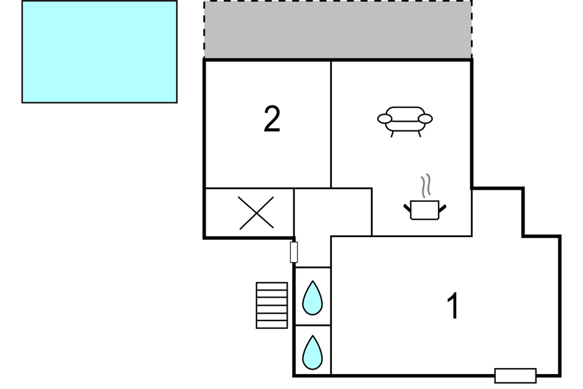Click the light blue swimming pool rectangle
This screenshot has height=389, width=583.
100,51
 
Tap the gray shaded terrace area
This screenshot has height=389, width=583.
338,29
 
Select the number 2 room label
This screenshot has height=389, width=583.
272,119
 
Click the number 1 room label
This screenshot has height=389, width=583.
453,306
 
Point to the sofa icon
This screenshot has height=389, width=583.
405,122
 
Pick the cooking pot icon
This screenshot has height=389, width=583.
425,210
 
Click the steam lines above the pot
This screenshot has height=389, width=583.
426,186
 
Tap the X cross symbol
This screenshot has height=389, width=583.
256,213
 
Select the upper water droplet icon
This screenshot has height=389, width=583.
312,298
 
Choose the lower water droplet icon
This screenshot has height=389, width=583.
312,353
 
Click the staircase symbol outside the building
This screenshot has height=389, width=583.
272,305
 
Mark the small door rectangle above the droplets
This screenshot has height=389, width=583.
293,252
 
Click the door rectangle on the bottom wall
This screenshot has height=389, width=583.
515,375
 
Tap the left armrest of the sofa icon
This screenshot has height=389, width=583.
385,119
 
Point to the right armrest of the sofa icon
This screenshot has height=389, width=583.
425,119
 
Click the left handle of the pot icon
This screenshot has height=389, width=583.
407,209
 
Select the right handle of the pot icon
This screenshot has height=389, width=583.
442,209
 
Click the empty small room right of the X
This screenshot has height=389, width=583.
332,212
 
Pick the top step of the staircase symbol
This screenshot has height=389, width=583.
272,286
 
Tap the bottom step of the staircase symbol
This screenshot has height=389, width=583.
272,324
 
